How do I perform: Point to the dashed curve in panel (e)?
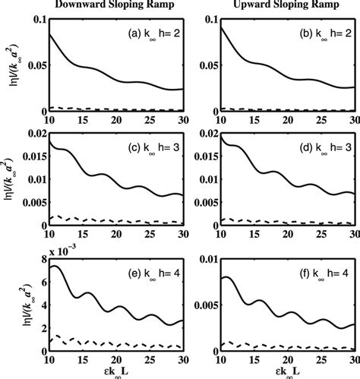(x=91, y=341)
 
